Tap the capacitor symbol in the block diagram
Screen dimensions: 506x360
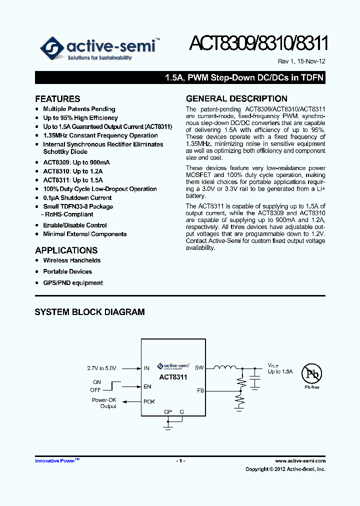(256, 381)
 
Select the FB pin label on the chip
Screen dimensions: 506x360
(200, 390)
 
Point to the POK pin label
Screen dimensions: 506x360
(149, 401)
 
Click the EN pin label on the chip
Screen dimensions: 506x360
(147, 386)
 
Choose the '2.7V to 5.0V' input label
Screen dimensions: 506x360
(101, 368)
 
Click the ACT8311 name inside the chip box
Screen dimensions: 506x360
(173, 377)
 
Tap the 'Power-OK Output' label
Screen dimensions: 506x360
(104, 403)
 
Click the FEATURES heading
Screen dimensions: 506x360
(57, 99)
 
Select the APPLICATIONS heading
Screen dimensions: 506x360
(66, 250)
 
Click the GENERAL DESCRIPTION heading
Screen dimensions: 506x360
(236, 98)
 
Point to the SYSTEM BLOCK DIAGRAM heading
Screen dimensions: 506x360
(89, 312)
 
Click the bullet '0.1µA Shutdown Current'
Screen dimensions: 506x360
(77, 198)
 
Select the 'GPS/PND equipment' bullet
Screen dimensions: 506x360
(73, 283)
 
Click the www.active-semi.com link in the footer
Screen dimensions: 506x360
(300, 461)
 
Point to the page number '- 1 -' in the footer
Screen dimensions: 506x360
(180, 461)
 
